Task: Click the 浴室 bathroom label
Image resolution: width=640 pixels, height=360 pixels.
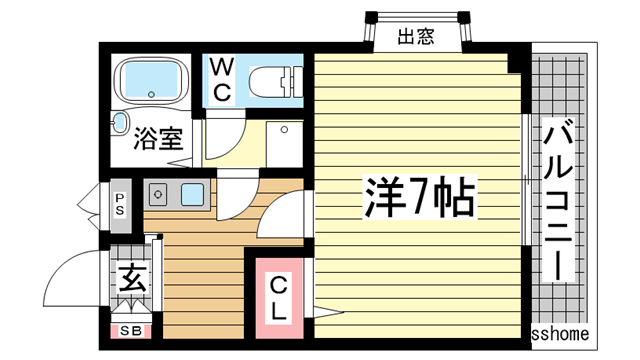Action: coord(158,138)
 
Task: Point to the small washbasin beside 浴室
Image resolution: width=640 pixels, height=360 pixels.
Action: coord(121,123)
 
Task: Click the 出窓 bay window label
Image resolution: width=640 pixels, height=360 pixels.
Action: coord(416,39)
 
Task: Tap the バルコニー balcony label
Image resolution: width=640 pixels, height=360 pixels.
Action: coord(560,200)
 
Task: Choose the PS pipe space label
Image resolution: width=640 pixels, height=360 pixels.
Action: coord(120,204)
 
